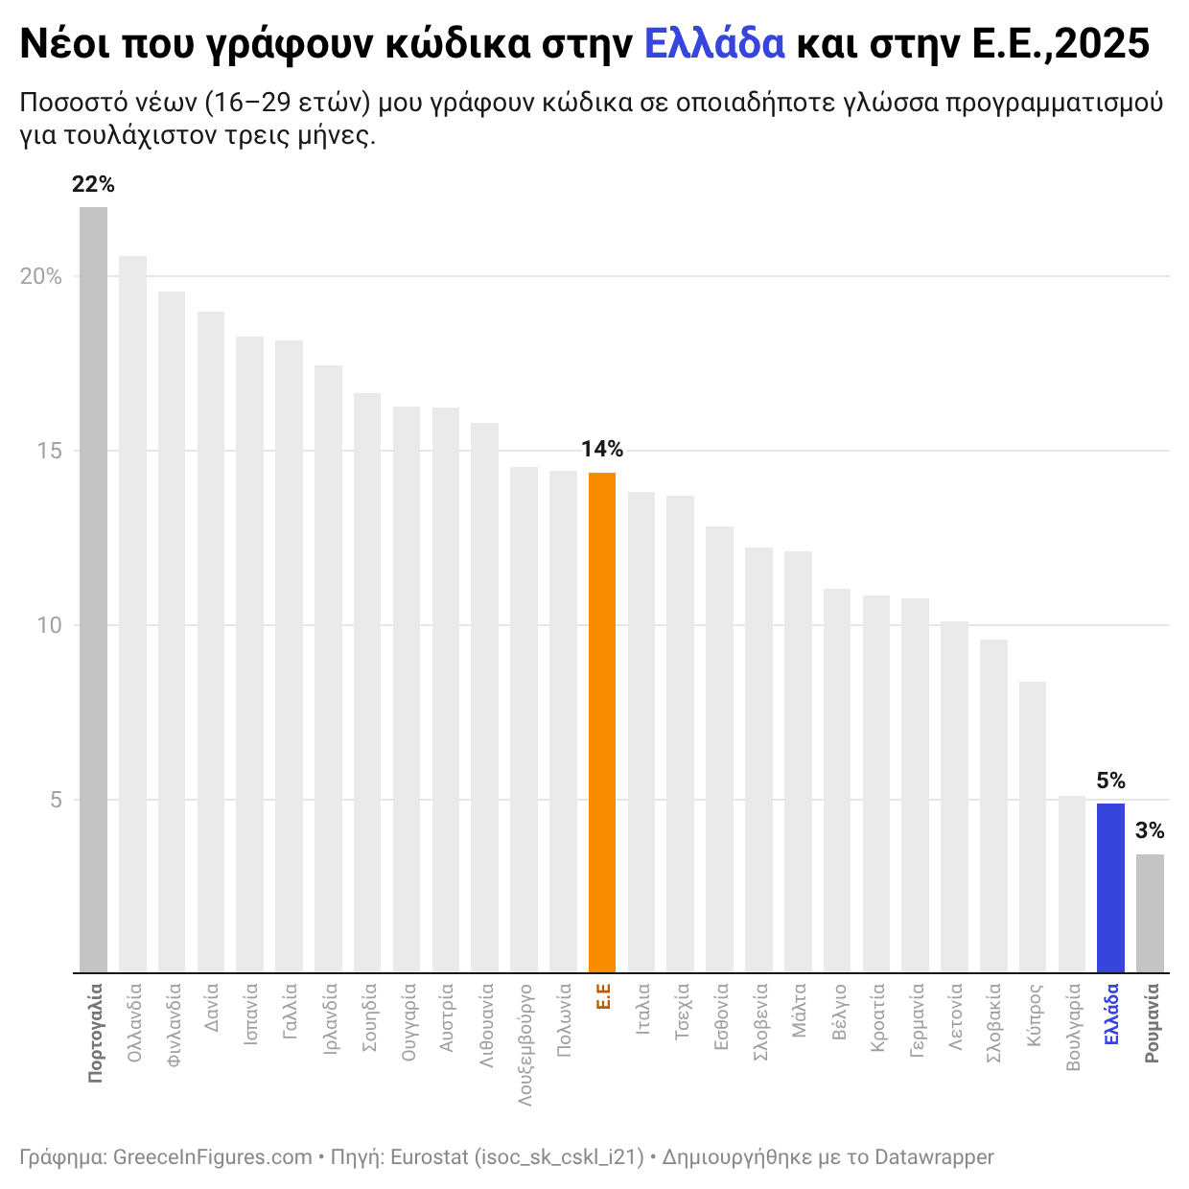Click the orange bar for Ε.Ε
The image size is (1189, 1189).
click(x=601, y=722)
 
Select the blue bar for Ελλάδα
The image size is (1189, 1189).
click(x=1110, y=887)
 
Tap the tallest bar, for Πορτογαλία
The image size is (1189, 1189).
click(x=93, y=590)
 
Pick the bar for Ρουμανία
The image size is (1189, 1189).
click(x=1150, y=913)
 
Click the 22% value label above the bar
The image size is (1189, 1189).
click(x=93, y=185)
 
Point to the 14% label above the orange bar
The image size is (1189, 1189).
click(x=601, y=449)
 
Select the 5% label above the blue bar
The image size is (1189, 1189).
click(x=1110, y=781)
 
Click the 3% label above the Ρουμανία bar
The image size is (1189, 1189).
click(x=1150, y=830)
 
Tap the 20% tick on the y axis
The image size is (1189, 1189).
click(x=41, y=276)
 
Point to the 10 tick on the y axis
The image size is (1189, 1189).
click(x=49, y=625)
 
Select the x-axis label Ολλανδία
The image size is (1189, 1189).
click(x=134, y=1020)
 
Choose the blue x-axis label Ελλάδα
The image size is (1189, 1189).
click(x=1110, y=1014)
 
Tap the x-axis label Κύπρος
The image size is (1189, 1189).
click(x=1033, y=1014)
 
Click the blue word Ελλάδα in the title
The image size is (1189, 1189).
click(x=714, y=44)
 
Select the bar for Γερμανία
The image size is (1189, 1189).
click(x=915, y=785)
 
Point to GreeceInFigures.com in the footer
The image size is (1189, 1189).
click(x=212, y=1157)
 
